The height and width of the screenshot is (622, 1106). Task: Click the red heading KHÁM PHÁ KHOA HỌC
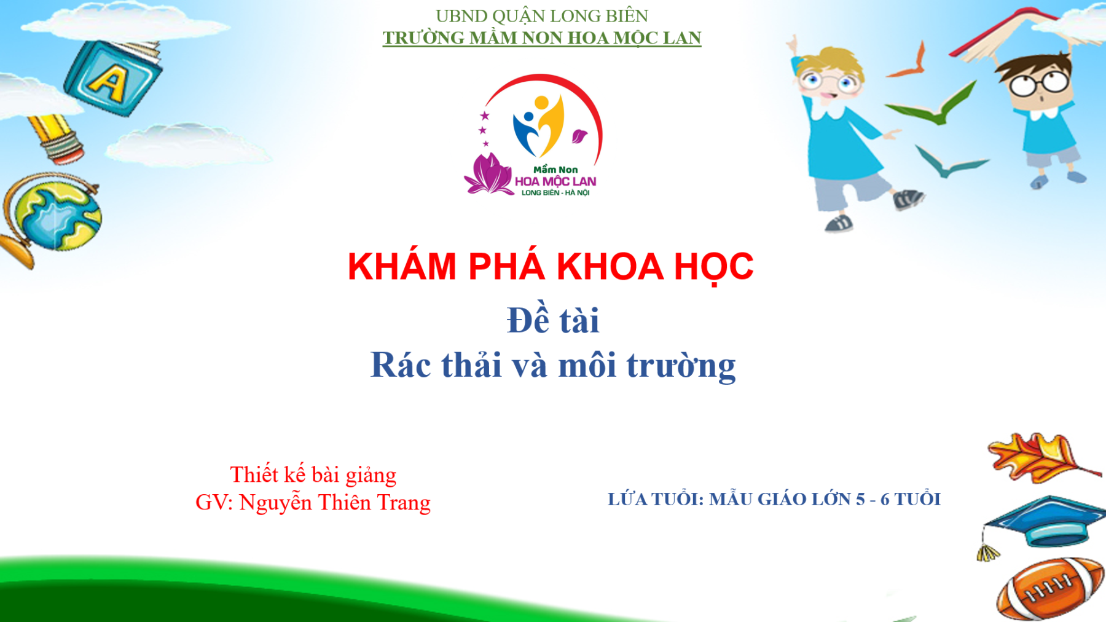pyautogui.click(x=551, y=267)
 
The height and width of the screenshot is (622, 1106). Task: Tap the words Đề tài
pyautogui.click(x=553, y=320)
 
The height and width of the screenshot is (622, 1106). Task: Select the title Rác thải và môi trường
pyautogui.click(x=553, y=365)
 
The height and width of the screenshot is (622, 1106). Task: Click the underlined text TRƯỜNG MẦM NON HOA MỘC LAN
pyautogui.click(x=542, y=37)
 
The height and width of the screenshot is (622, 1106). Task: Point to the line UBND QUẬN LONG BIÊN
pyautogui.click(x=542, y=15)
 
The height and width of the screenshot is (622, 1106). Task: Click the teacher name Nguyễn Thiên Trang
pyautogui.click(x=335, y=503)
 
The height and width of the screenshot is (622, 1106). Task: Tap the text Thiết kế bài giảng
pyautogui.click(x=313, y=475)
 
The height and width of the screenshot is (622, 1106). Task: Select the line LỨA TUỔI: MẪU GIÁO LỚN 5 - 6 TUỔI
pyautogui.click(x=774, y=498)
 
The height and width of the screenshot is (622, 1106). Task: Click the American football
pyautogui.click(x=1049, y=589)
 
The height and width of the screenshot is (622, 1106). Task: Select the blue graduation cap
pyautogui.click(x=1045, y=522)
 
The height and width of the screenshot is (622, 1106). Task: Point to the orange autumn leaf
pyautogui.click(x=1041, y=458)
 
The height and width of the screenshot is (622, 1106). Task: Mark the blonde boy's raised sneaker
pyautogui.click(x=908, y=199)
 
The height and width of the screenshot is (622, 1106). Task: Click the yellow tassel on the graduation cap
pyautogui.click(x=987, y=551)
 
